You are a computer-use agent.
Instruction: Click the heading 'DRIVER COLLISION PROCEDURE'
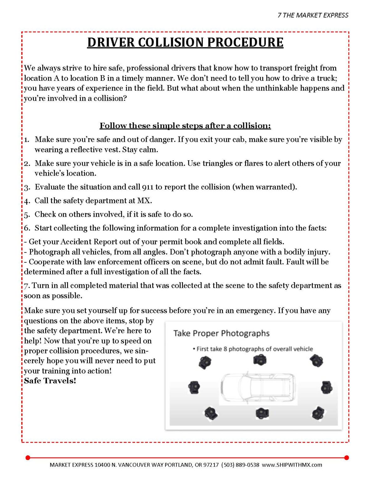tap(185, 43)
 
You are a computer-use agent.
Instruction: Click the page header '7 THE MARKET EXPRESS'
tap(313, 15)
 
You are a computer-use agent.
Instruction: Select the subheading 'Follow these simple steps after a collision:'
tap(185, 126)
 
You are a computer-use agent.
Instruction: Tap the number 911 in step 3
tap(148, 187)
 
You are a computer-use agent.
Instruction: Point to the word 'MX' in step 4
tap(144, 201)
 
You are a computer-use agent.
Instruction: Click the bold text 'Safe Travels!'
tap(50, 381)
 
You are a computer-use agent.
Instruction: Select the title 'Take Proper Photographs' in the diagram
tap(221, 333)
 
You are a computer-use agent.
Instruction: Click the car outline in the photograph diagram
tap(258, 388)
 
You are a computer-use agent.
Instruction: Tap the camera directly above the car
tap(260, 360)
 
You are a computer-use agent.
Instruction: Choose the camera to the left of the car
tap(194, 388)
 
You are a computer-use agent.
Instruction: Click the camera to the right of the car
tap(327, 388)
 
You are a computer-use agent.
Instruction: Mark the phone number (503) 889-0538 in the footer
tap(240, 465)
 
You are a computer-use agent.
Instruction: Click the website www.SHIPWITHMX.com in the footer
tap(292, 465)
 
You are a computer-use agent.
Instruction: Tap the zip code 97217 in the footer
tap(211, 465)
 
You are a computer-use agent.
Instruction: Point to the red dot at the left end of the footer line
tap(28, 458)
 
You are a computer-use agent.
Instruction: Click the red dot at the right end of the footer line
tap(346, 458)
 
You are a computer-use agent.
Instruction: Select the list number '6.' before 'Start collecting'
tap(27, 228)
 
